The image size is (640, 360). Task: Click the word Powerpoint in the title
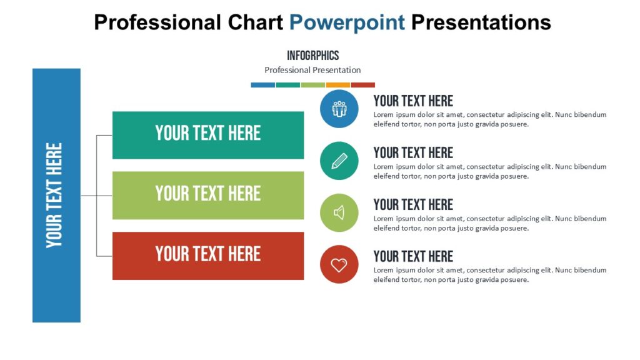347,22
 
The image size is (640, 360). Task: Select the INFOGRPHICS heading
312,56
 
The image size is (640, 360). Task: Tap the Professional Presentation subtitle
312,70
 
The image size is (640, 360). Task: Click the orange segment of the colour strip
337,85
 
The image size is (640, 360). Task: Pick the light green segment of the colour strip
312,85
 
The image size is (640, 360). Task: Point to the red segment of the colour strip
362,85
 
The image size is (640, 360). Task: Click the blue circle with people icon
339,109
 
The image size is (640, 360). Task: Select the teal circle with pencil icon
339,161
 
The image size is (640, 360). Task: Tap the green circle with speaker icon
339,212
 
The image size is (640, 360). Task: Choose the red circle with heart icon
339,264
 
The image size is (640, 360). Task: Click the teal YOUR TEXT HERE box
207,135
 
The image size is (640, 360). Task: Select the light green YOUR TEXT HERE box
207,195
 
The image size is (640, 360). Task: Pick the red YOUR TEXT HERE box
207,256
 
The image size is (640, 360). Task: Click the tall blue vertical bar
56,195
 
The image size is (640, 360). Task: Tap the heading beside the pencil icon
413,152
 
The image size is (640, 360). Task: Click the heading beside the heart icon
413,256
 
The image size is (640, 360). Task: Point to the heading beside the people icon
413,101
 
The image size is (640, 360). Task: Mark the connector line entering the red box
104,256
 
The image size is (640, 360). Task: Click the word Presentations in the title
481,22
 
